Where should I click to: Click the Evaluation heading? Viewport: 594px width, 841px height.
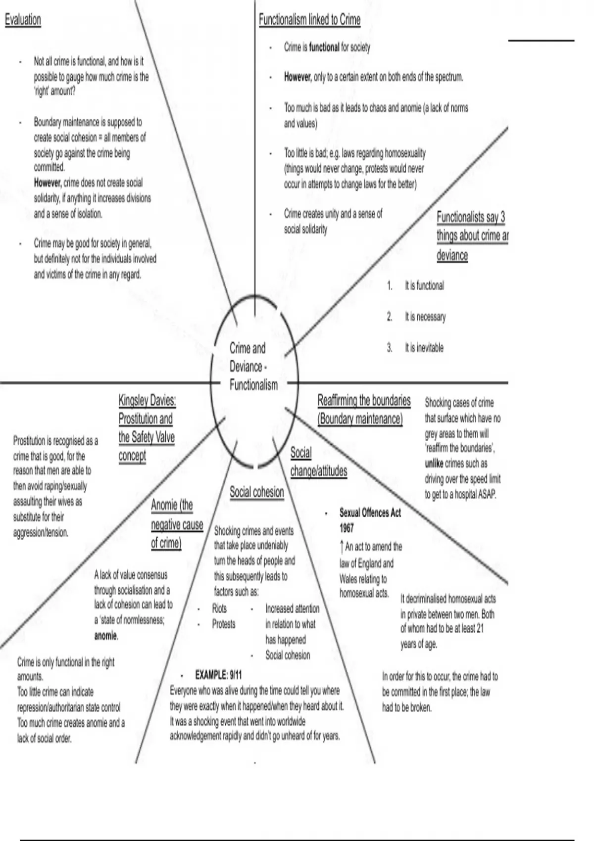point(23,20)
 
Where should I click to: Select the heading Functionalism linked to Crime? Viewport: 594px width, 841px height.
point(309,20)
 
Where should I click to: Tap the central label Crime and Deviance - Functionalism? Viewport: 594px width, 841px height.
point(253,367)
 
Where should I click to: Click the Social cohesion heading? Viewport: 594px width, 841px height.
point(256,492)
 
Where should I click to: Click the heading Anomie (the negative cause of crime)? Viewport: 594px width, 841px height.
point(177,524)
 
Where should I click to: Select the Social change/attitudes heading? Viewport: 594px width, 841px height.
point(318,462)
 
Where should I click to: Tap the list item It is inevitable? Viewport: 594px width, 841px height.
point(424,348)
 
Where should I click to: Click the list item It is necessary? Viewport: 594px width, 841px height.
point(425,317)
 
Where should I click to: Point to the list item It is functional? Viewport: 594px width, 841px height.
point(424,285)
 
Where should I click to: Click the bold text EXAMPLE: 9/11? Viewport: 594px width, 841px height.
point(218,675)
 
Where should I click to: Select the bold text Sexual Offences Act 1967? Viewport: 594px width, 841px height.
point(370,520)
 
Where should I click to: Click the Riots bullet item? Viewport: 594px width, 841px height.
point(219,608)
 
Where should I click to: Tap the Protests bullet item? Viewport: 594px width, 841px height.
point(224,624)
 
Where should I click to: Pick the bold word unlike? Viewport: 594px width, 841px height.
point(434,464)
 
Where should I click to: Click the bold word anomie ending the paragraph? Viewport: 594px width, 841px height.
point(106,636)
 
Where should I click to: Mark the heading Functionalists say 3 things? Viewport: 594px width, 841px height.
point(471,235)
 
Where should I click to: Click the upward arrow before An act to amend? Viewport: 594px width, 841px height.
point(342,547)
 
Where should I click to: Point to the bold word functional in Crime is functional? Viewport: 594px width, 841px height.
point(324,47)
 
